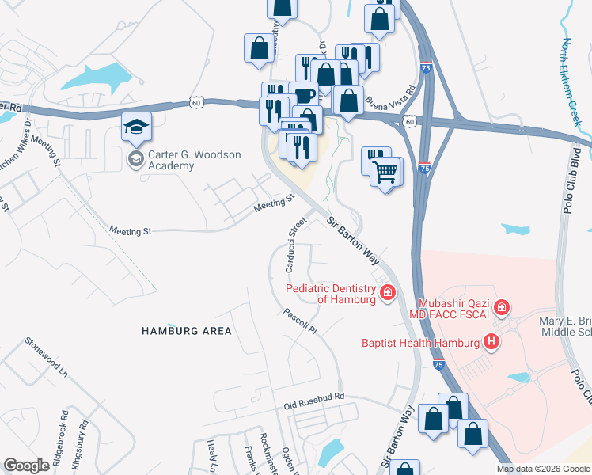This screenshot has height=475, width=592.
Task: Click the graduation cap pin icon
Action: pos(136,127)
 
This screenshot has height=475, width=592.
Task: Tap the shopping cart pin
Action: pos(385,171)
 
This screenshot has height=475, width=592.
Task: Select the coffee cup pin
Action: pos(303,96)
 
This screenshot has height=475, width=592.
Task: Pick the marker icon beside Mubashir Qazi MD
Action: pos(501,306)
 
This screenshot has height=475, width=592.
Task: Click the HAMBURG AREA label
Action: pos(187,331)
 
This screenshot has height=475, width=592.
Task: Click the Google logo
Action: pos(27,465)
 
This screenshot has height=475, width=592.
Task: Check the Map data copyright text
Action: pos(543,469)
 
